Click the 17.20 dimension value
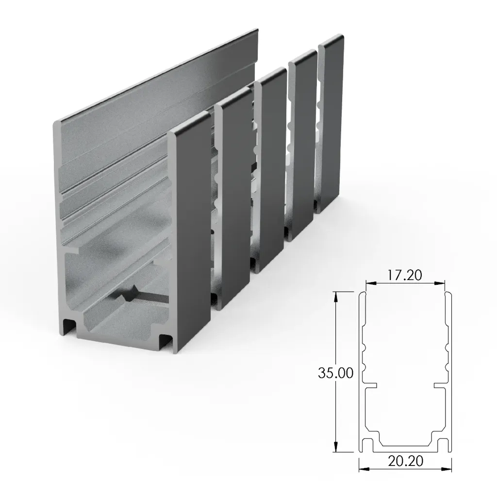[405, 275]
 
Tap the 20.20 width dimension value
[405, 462]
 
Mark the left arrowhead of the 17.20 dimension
[368, 283]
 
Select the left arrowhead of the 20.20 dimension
[362, 469]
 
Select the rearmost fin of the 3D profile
[331, 126]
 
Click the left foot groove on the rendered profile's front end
[69, 327]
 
